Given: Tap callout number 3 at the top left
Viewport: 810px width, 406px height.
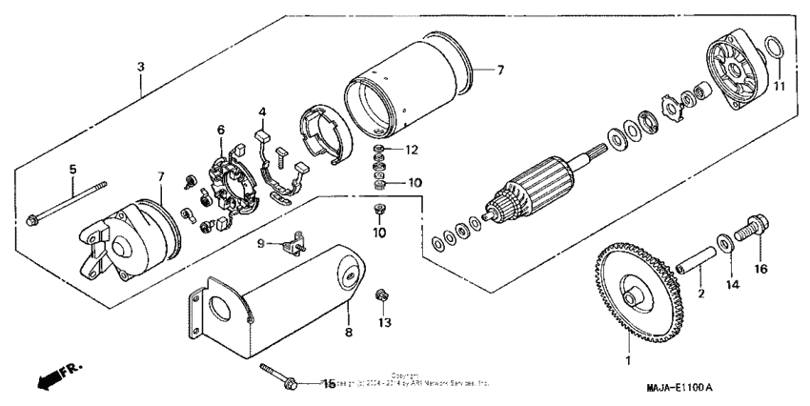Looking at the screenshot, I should [141, 67].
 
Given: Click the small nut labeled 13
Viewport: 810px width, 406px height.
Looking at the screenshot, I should [383, 295].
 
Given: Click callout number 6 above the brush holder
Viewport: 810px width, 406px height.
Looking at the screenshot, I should [221, 130].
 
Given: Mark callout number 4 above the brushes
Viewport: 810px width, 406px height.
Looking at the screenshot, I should [261, 113].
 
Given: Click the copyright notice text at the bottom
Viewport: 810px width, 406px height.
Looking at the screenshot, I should [405, 380].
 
